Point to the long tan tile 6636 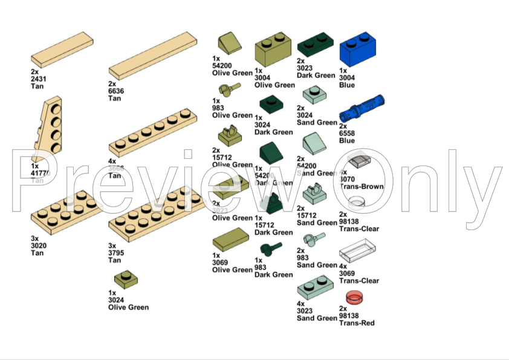(154, 56)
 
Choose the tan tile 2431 (62, 53)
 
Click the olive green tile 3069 (230, 242)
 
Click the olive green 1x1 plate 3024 (126, 279)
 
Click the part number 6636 (115, 91)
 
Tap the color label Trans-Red (357, 323)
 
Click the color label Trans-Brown (361, 187)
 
